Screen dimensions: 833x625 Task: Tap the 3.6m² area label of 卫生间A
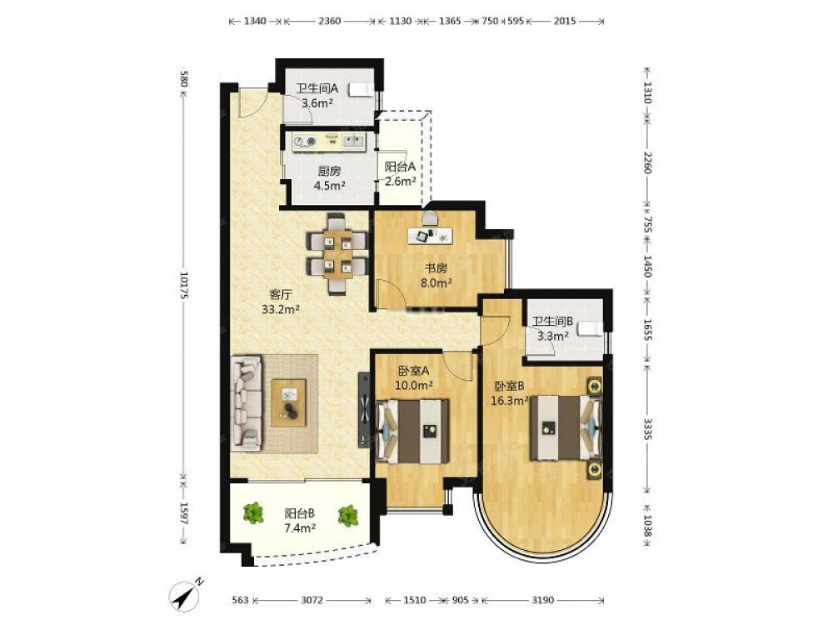317,103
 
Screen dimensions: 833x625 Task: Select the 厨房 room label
329,171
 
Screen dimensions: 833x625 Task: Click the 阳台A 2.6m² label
400,174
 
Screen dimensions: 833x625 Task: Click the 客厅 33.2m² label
281,302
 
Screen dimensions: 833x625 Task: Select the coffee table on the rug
288,402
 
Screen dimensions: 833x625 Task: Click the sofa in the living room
247,403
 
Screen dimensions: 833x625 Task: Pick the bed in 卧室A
413,431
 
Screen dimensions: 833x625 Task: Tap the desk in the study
431,236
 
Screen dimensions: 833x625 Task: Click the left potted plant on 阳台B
253,512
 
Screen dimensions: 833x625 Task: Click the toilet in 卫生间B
591,329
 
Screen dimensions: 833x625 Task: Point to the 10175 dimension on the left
184,285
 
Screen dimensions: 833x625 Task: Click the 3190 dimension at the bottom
542,600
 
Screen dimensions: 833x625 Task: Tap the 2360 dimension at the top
329,22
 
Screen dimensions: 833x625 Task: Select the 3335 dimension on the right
647,428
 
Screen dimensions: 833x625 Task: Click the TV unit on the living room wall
365,409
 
